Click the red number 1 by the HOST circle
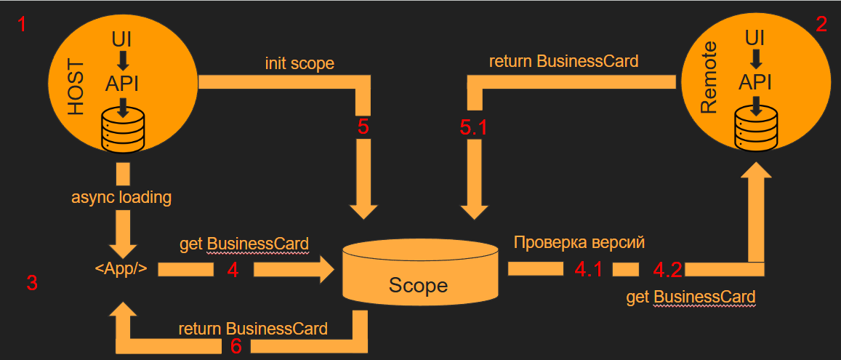pos(23,25)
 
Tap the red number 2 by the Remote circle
pos(821,25)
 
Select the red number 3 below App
pos(31,283)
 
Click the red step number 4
pos(233,270)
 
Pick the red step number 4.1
pos(588,270)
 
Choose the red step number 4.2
pos(667,271)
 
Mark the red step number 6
pos(236,346)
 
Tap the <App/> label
pos(121,268)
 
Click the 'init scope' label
pos(299,63)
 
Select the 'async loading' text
pos(121,197)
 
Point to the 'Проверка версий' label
pos(579,242)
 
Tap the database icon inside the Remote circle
pos(757,128)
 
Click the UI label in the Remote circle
pos(757,36)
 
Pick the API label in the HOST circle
pos(121,83)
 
